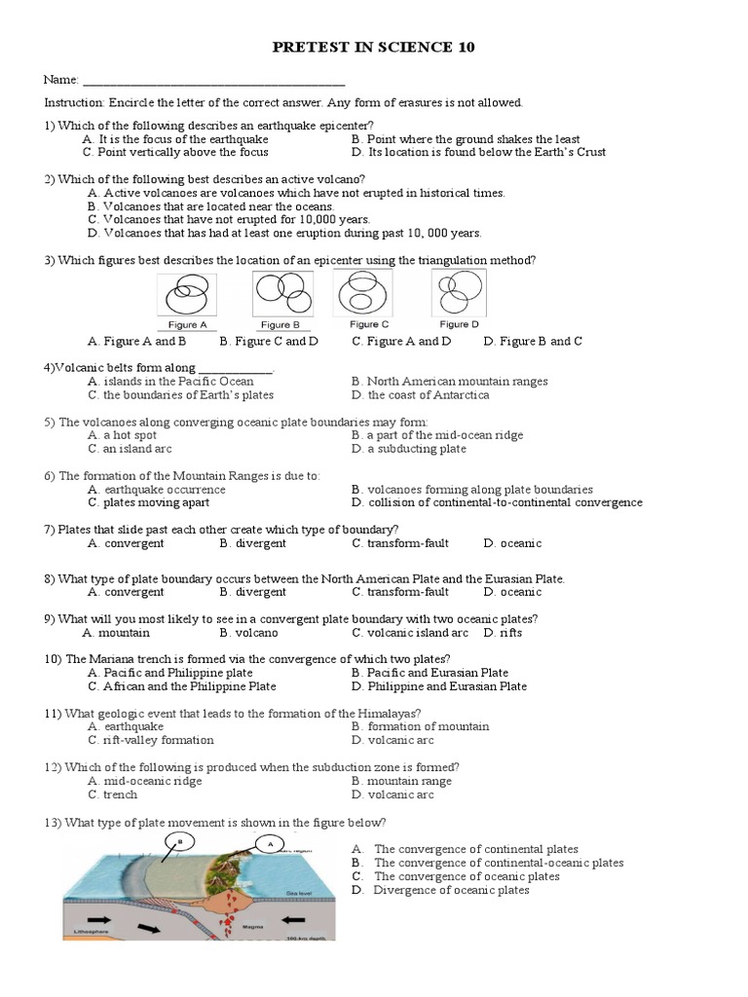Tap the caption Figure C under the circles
click(369, 324)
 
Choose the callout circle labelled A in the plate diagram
click(269, 845)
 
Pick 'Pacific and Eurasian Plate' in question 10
click(437, 673)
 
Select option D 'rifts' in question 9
click(508, 632)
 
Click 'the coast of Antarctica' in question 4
click(428, 395)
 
